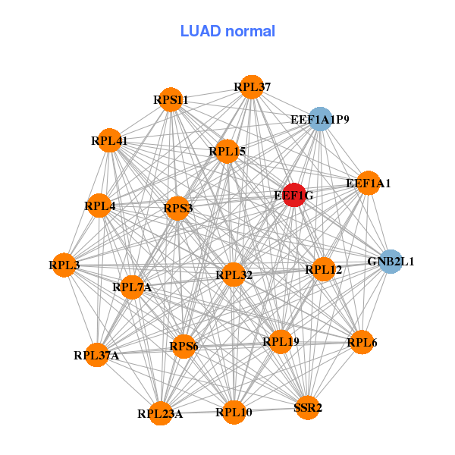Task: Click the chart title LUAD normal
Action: point(227,31)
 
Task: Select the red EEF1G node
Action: point(294,195)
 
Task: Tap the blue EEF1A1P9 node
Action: point(320,119)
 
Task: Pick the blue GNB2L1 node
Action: point(391,262)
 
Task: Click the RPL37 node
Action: point(251,87)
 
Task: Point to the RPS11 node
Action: point(171,99)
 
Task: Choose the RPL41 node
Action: point(109,140)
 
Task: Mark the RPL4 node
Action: point(99,206)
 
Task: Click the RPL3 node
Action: point(64,265)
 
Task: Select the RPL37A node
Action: point(96,355)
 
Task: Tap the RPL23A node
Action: point(160,413)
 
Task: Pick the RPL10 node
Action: point(234,412)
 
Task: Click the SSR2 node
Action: point(307,407)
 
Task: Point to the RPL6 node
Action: point(361,343)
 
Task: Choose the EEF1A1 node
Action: point(368,184)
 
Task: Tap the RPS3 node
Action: point(177,209)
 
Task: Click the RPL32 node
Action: point(234,275)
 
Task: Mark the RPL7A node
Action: point(132,287)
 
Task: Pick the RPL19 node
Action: point(281,342)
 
